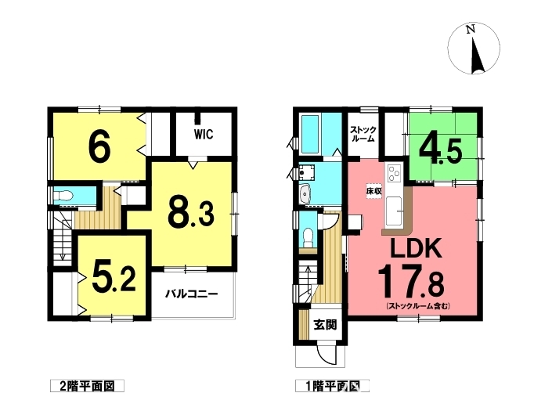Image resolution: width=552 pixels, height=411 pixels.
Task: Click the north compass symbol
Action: [474, 49]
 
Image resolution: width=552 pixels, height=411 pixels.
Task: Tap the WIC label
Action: [204, 134]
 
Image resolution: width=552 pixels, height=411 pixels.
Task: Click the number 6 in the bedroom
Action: [99, 148]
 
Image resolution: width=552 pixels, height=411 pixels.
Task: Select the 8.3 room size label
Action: [192, 212]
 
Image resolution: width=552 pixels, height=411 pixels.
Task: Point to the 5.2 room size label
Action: [114, 277]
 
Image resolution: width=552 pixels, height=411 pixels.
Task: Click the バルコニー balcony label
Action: [192, 294]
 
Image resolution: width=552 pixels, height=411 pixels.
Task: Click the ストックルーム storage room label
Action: [363, 134]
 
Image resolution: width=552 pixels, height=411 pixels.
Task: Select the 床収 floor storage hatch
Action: [373, 192]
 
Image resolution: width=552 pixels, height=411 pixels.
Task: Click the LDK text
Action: [416, 248]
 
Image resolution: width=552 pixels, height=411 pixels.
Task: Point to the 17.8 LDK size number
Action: [410, 282]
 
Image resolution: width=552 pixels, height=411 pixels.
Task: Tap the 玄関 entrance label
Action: [325, 325]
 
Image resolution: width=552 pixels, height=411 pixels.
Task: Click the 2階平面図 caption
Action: [87, 387]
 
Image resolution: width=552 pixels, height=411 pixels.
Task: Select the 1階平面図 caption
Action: [333, 387]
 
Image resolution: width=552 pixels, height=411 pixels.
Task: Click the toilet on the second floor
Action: [63, 195]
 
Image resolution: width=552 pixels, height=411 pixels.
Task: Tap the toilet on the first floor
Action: [308, 236]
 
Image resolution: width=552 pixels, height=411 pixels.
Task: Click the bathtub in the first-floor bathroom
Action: [311, 135]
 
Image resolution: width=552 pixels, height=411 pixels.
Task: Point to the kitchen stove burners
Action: [394, 174]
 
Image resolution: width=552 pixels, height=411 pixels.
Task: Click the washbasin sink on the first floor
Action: [305, 194]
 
